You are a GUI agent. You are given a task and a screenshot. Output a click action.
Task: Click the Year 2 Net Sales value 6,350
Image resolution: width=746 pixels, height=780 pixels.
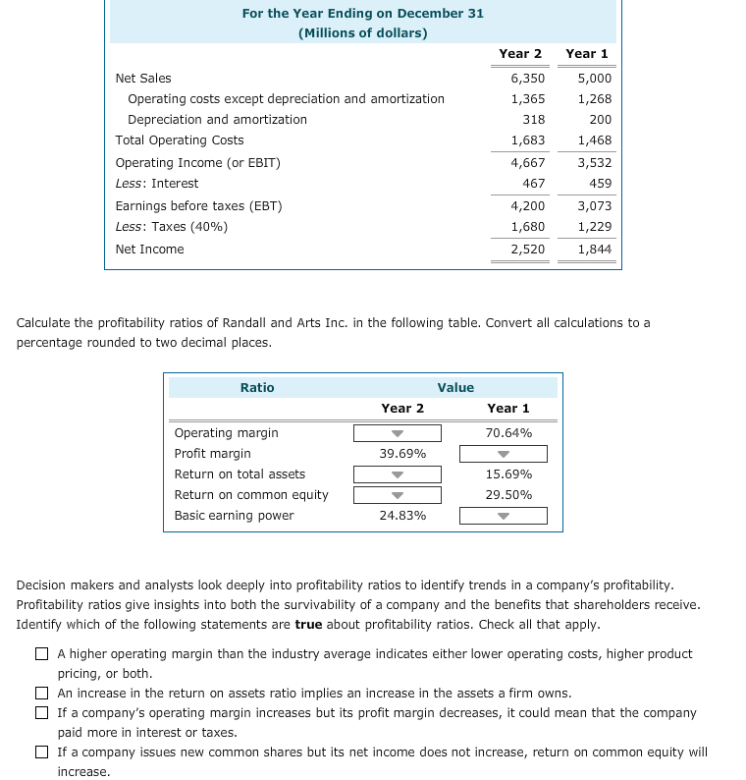528,78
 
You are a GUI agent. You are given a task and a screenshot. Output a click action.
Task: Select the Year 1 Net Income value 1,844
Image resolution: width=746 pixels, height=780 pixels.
594,249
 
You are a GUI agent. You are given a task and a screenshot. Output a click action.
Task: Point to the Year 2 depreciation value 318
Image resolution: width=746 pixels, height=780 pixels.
533,120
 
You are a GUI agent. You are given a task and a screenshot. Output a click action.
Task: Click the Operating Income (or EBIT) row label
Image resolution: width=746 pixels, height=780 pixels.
197,163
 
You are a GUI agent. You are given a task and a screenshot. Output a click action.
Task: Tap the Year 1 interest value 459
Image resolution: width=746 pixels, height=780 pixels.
600,184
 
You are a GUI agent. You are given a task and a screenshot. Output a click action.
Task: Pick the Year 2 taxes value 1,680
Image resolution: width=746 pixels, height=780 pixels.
528,227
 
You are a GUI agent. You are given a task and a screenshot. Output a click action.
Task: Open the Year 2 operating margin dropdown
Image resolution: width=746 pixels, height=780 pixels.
398,433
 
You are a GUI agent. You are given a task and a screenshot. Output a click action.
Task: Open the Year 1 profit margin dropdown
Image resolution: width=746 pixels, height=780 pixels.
504,454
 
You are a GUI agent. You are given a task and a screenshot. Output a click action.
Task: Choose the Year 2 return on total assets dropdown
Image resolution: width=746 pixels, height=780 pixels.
398,474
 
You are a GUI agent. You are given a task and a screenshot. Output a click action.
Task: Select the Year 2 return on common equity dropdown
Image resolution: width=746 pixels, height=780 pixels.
398,495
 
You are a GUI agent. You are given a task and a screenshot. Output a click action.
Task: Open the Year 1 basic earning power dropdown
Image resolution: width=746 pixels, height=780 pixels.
504,516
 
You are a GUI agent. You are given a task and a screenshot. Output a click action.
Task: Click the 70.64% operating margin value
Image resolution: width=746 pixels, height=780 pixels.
507,433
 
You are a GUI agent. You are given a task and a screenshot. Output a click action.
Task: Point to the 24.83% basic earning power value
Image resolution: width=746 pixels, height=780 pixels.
402,516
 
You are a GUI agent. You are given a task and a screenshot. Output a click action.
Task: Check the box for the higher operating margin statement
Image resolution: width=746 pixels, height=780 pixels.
42,654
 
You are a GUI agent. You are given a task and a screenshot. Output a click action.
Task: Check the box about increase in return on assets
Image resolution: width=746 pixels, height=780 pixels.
42,694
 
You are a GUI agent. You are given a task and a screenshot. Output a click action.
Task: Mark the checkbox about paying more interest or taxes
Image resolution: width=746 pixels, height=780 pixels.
42,713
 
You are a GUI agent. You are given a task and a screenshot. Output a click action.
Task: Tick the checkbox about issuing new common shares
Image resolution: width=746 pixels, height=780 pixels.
42,752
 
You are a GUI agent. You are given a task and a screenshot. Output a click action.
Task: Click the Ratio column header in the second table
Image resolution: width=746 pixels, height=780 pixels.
257,388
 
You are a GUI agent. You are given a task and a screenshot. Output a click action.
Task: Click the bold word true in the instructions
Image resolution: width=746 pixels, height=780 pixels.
308,625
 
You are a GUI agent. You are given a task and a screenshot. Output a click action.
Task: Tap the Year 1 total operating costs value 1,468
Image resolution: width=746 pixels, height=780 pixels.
594,140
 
